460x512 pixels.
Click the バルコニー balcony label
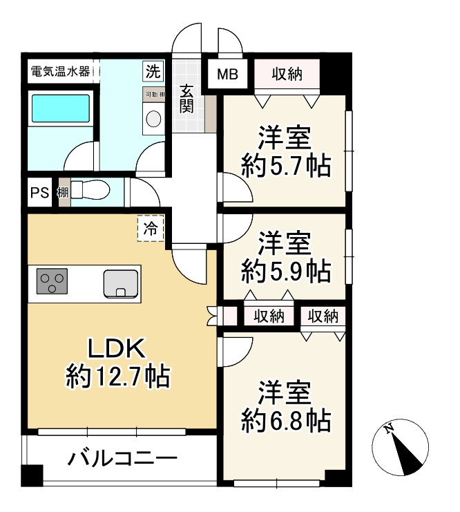123,459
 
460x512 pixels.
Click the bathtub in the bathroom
61,109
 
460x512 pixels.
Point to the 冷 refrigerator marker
150,229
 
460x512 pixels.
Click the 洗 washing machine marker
153,70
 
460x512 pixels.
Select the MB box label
228,74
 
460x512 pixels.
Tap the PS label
38,193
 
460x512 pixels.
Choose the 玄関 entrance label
188,97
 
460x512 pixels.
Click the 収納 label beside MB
287,73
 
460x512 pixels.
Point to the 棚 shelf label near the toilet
63,193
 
